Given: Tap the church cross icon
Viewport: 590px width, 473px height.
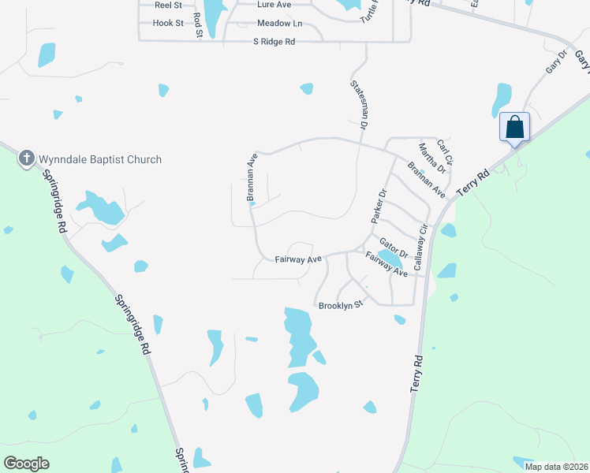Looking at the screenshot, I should point(27,158).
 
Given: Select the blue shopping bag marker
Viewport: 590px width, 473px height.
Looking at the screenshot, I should point(514,128).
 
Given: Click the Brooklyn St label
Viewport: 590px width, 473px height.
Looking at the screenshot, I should point(340,305).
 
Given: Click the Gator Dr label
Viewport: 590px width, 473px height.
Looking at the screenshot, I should point(393,248).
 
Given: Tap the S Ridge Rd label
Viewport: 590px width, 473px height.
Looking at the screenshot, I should point(274,41).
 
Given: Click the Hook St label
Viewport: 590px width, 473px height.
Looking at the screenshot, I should point(168,24).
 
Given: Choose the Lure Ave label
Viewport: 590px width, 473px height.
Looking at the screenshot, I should point(274,5).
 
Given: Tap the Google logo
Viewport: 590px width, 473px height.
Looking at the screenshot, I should point(27,464).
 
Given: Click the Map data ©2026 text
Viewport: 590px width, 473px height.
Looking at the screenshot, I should point(555,467).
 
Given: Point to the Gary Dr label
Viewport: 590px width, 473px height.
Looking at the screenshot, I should point(557,63).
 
